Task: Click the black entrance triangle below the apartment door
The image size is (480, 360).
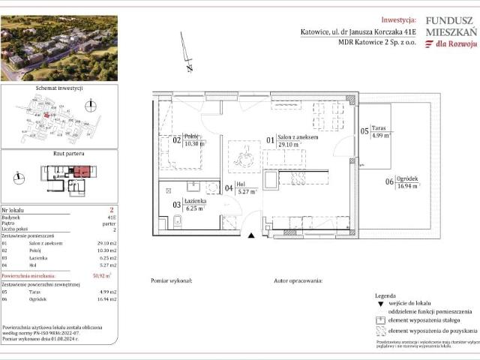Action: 252,235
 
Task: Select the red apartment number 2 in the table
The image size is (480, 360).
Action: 110,211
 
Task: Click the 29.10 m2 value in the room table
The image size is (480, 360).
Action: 106,243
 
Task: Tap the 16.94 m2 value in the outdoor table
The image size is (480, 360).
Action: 106,298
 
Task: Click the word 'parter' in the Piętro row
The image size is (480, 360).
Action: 109,223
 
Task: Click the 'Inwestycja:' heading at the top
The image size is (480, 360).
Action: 398,20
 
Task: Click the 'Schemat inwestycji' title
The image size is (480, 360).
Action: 59,88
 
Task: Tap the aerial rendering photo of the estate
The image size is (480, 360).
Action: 59,48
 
